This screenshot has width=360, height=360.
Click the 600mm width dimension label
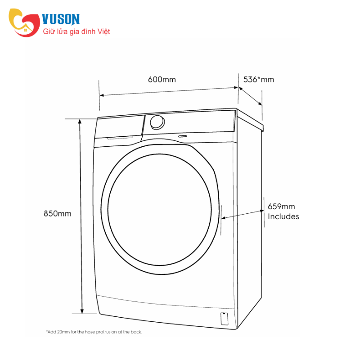point(162,80)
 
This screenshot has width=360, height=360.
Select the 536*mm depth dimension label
point(259,80)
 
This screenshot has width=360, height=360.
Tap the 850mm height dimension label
point(58,214)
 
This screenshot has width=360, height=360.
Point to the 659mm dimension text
point(282,207)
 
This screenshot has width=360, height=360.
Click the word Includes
point(283,216)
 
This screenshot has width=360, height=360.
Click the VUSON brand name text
point(61,19)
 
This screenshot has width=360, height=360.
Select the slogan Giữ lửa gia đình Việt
point(76,31)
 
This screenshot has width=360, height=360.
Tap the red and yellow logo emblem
point(24,22)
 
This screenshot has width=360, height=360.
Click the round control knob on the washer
point(157,122)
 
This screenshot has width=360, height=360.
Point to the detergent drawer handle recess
point(120,138)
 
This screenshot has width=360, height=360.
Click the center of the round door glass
point(160,210)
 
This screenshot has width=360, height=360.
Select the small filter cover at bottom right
point(224,319)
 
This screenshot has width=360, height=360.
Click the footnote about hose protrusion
point(94,332)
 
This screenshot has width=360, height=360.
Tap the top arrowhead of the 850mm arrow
point(80,121)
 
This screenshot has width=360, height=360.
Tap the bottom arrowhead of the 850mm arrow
point(82,311)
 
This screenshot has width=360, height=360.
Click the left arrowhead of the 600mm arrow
point(102,95)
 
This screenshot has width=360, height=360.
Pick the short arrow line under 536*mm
point(250,96)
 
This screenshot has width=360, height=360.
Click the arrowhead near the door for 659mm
point(224,218)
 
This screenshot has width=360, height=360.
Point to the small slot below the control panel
point(182,136)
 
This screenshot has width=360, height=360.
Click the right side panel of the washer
point(249,218)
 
